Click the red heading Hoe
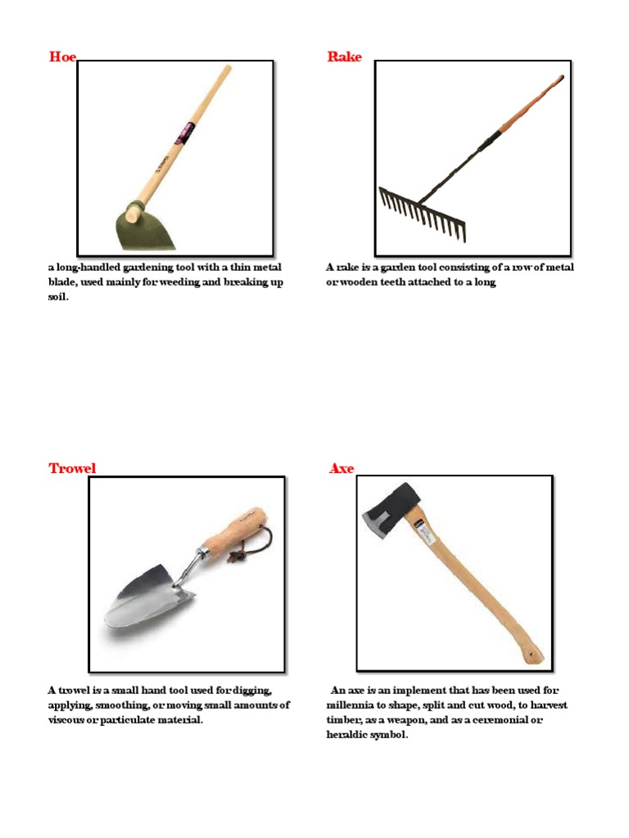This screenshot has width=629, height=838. tap(62, 56)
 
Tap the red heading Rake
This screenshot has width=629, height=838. tap(344, 56)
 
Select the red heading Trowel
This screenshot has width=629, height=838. tap(72, 468)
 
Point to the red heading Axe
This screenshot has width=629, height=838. tap(342, 468)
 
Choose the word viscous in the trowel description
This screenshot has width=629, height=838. tap(70, 720)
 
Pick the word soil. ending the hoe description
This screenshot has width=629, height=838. tap(58, 297)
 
